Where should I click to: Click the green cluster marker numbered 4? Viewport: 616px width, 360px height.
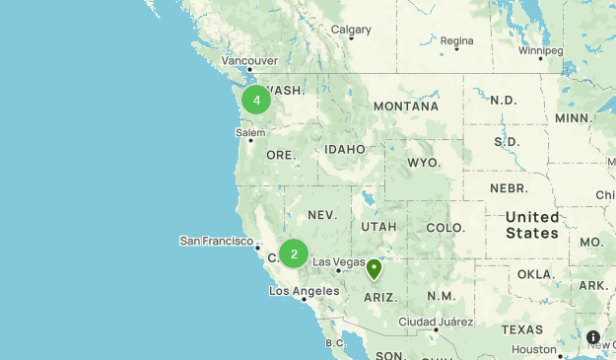[x=256, y=100]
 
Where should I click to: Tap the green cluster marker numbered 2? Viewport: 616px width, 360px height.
[x=294, y=253]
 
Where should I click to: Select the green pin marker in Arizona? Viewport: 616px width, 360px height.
[x=374, y=268]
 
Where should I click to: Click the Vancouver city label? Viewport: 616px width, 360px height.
[x=249, y=59]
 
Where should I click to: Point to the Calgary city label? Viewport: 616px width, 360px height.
[x=351, y=30]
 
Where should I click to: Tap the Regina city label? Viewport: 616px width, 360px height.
[x=456, y=40]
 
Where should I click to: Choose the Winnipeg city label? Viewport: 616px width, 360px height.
[x=540, y=49]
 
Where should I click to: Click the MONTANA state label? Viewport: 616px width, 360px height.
[x=405, y=106]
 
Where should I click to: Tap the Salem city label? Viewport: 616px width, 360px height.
[x=251, y=132]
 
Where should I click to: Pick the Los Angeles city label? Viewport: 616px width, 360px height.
[x=305, y=291]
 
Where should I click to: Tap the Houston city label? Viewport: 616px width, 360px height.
[x=534, y=349]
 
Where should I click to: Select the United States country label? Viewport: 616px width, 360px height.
[x=532, y=225]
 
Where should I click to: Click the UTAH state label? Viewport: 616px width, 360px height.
[x=378, y=226]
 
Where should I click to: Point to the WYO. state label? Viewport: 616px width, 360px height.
[x=424, y=162]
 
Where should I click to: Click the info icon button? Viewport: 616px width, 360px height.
[x=593, y=337]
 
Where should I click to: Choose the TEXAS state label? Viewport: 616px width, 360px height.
[x=521, y=328]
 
